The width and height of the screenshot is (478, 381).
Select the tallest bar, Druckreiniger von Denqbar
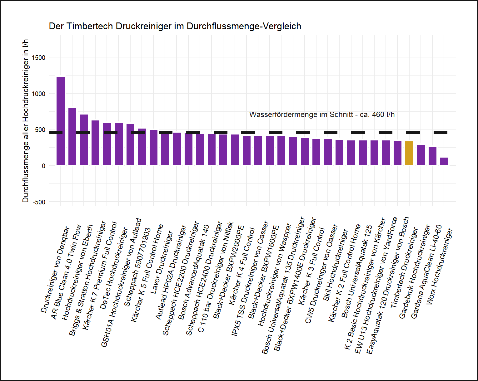(61, 121)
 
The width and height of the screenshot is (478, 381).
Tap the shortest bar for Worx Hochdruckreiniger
(444, 161)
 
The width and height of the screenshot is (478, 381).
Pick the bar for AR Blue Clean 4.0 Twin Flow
(72, 136)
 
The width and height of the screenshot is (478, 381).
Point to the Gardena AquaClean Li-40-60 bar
(432, 156)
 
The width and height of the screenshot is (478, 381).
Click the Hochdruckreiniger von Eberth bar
(84, 139)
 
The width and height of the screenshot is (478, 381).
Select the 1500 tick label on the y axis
(38, 58)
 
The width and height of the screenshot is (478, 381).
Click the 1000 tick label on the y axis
(38, 94)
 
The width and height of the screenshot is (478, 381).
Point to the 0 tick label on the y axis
(43, 166)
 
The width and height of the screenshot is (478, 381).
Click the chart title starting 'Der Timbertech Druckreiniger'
(175, 26)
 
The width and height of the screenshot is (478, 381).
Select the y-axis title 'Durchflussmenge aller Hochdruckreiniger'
(26, 120)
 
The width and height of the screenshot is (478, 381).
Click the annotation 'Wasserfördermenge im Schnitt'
(322, 115)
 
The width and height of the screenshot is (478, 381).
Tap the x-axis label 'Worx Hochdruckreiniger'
(439, 266)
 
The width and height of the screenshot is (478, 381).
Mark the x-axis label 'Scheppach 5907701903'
(137, 267)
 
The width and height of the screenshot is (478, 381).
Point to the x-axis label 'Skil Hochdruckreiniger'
(335, 265)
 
